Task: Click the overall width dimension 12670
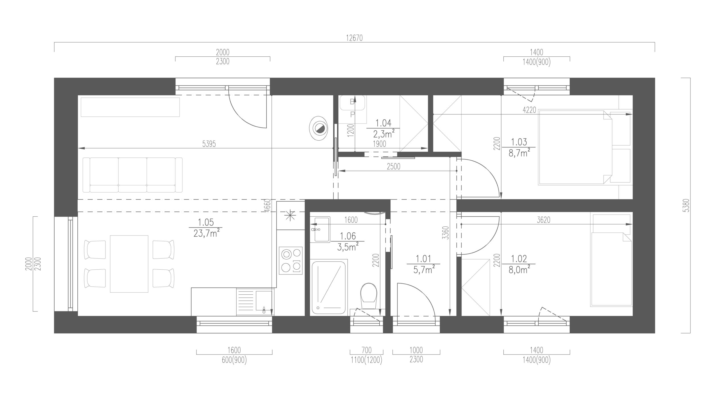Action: tap(354, 38)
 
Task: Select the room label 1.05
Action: tap(205, 222)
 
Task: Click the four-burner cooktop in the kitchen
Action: tap(291, 261)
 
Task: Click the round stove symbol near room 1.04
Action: tap(318, 128)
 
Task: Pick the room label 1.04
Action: tap(383, 123)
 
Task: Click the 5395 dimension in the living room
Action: tap(209, 144)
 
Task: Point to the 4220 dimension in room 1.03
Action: tap(530, 110)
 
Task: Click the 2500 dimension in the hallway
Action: tap(394, 167)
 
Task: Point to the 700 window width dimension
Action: tap(366, 350)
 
